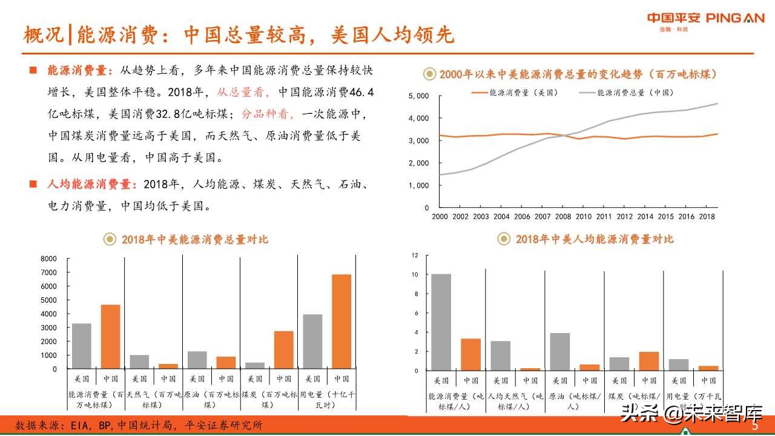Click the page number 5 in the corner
(x=755, y=426)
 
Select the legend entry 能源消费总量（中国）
(x=635, y=93)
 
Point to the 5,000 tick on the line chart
(x=418, y=96)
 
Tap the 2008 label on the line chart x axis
(x=562, y=216)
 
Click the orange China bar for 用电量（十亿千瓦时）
(x=341, y=321)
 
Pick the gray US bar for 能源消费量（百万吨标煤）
(x=82, y=346)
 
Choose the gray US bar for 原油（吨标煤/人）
(x=560, y=351)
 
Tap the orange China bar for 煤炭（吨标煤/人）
(x=649, y=361)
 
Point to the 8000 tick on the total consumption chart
(x=48, y=259)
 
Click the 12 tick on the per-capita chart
(x=415, y=255)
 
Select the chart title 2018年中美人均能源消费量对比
(x=594, y=239)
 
